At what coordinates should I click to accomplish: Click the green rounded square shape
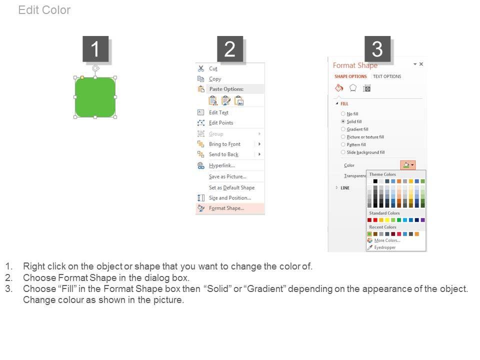tap(95, 97)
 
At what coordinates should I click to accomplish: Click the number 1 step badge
tap(95, 49)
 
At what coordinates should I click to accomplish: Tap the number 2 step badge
tap(230, 49)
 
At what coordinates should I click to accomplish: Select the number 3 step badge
tap(377, 49)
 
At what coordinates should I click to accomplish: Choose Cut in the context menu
tap(213, 68)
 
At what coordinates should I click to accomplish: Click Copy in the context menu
tap(215, 79)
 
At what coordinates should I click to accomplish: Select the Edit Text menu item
tap(218, 112)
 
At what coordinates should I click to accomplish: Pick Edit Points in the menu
tap(221, 123)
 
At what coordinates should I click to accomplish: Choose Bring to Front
tap(224, 144)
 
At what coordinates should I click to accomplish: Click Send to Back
tap(224, 154)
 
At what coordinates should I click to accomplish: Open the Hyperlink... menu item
tap(222, 165)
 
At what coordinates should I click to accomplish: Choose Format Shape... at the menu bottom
tap(226, 208)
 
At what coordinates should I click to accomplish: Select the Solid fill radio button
tap(343, 121)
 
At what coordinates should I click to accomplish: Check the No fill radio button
tap(343, 113)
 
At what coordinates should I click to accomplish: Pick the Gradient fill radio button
tap(343, 129)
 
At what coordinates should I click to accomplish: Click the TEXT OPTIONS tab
tap(387, 76)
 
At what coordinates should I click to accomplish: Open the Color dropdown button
tap(408, 165)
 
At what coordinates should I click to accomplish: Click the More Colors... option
tap(387, 240)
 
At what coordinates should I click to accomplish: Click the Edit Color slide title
tap(44, 10)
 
